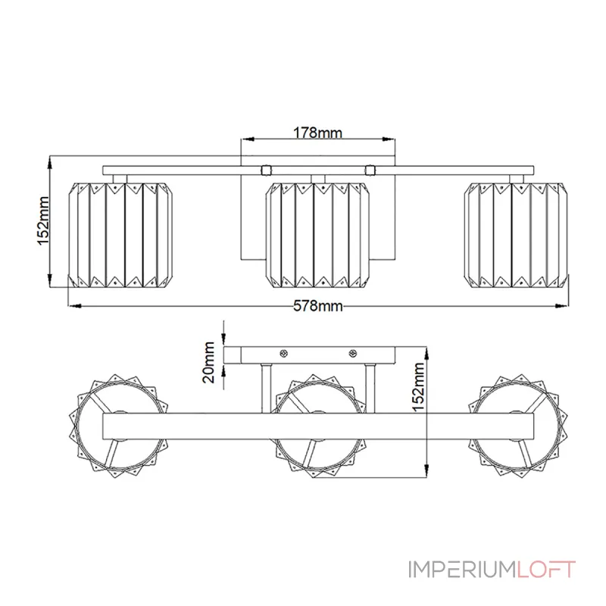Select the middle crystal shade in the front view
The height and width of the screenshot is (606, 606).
coord(319,235)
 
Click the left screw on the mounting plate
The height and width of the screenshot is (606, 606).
coord(284,354)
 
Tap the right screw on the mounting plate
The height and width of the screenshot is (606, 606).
coord(353,354)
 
